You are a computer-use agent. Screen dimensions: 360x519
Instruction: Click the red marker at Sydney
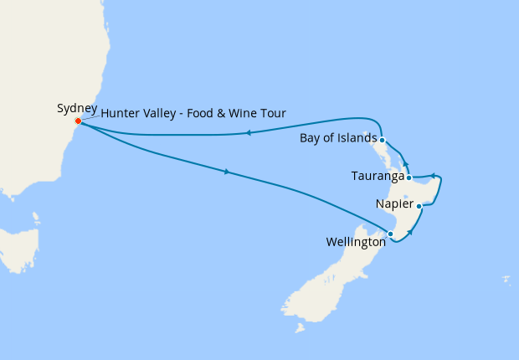click(x=78, y=121)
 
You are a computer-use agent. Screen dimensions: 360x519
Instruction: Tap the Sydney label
click(x=77, y=108)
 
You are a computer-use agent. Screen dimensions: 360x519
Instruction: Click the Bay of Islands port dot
click(x=382, y=140)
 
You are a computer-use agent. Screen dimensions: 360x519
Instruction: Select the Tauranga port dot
click(x=408, y=177)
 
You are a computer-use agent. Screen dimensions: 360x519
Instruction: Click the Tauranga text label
click(x=378, y=177)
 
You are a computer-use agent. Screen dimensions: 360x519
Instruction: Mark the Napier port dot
click(x=419, y=205)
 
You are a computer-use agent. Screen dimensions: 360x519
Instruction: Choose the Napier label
click(x=394, y=204)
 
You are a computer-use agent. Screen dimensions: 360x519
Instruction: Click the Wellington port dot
click(x=391, y=234)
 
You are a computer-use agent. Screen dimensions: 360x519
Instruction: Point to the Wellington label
click(x=356, y=242)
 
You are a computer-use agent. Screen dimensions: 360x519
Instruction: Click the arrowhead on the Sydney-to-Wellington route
click(x=228, y=172)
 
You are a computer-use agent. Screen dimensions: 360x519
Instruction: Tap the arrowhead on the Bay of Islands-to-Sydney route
click(x=249, y=132)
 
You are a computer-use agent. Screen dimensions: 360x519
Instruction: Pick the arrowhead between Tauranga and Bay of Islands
click(x=404, y=164)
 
